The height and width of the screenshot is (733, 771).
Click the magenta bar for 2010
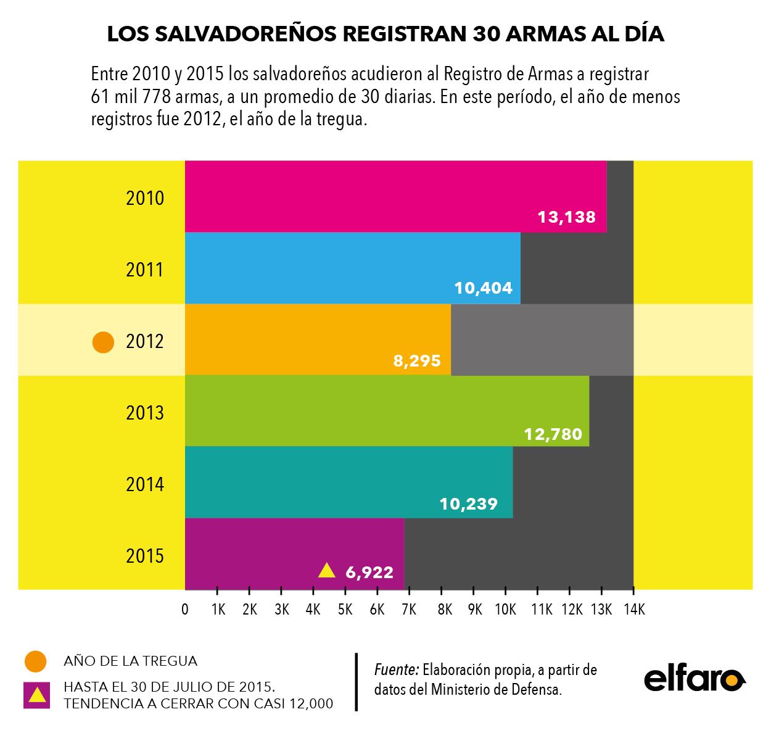395,196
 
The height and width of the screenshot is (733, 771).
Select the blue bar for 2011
352,268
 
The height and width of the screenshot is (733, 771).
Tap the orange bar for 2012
318,339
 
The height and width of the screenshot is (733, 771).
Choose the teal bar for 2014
348,482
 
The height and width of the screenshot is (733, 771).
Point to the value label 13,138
566,217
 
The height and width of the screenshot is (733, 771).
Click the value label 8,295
417,360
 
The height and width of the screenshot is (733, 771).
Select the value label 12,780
553,434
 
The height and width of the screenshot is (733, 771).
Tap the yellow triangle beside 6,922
326,571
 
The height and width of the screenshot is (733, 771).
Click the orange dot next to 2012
103,342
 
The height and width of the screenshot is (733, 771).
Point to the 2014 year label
145,484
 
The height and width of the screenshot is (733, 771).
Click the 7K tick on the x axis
408,610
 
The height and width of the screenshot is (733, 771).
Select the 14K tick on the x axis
633,610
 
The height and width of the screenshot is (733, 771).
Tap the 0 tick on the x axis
185,610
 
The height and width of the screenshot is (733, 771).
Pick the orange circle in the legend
36,661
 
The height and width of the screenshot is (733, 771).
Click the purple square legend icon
36,695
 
